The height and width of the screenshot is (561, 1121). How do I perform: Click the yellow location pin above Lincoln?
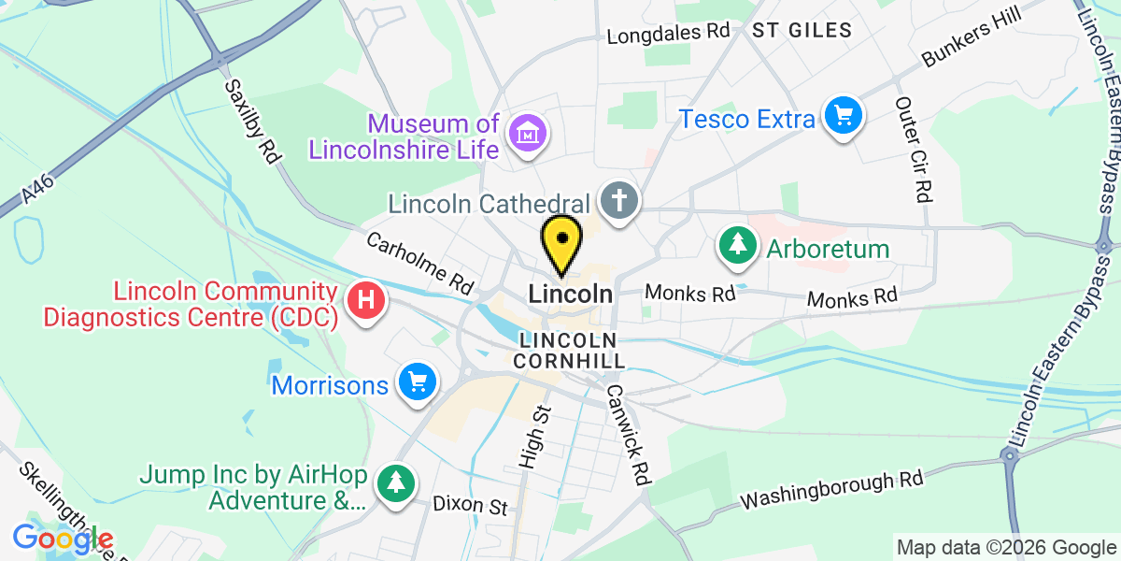(562, 241)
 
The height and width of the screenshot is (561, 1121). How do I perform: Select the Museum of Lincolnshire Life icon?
(528, 134)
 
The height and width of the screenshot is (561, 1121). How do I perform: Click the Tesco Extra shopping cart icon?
(844, 117)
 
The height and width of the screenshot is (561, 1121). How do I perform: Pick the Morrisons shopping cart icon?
(417, 382)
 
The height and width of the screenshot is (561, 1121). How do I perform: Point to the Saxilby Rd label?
(253, 122)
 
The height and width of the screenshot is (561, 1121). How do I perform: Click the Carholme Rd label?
(420, 266)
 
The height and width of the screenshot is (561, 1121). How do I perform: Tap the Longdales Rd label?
(668, 34)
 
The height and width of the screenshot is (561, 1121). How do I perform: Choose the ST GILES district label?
(802, 31)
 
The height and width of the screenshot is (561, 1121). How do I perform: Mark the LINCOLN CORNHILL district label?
(569, 349)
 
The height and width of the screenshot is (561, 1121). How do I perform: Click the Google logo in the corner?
(63, 538)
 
